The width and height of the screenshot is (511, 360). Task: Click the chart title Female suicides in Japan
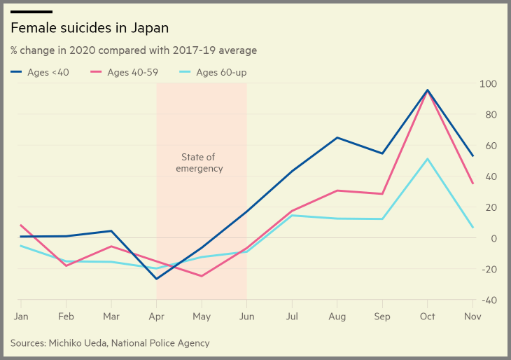pos(90,28)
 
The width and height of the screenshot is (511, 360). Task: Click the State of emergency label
pos(199,162)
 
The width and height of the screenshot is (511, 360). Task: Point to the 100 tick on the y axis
pos(487,84)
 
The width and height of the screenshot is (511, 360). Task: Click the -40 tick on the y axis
pos(487,300)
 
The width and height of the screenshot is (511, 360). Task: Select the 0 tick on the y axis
pos(493,238)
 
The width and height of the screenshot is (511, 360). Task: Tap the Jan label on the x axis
pos(21,317)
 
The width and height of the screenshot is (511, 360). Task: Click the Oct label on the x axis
pos(427,317)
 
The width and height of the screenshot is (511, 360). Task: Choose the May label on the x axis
pos(202,317)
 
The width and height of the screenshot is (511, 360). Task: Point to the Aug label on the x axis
pos(337,317)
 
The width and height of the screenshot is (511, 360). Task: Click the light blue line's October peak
pos(428,158)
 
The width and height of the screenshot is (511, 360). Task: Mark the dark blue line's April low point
pos(156,279)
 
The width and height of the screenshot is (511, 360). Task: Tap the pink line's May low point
pos(202,276)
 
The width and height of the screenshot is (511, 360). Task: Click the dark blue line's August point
pos(337,137)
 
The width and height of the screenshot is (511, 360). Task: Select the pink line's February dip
pos(66,265)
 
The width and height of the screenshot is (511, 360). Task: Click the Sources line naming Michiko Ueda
pos(110,343)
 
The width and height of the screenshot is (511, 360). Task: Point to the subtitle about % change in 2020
pos(133,50)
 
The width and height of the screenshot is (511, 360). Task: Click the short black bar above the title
pos(31,12)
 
